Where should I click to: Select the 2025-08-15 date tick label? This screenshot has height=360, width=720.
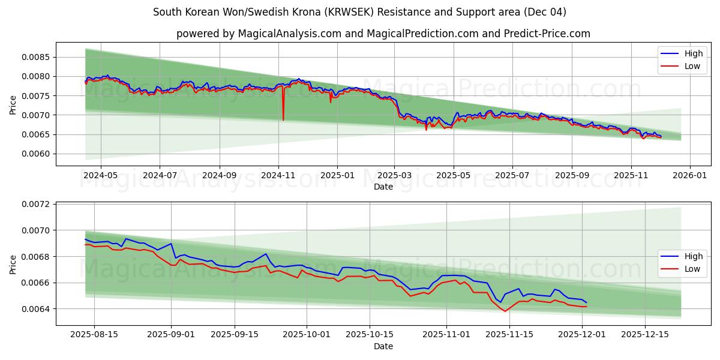point(94,334)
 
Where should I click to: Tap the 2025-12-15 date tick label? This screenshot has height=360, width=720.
point(644,334)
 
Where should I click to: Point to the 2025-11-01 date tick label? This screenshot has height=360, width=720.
point(446,334)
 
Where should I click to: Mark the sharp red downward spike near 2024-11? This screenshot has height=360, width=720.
point(283,119)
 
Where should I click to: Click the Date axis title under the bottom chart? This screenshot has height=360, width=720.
point(383,346)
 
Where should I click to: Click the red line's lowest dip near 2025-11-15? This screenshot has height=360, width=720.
point(505,311)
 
